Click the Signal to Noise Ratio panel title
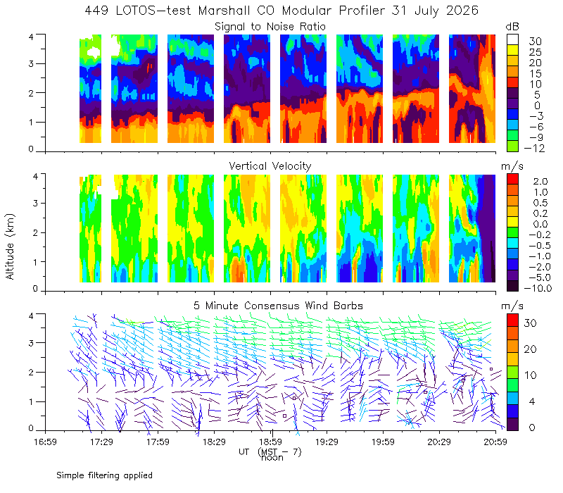(270, 27)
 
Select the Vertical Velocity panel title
(270, 166)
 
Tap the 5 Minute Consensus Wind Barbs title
(278, 306)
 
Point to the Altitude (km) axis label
(10, 246)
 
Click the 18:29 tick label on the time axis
(214, 442)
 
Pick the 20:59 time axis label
(495, 442)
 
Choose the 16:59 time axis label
(45, 442)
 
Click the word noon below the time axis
(272, 458)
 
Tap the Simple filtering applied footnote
(104, 475)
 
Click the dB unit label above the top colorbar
(512, 27)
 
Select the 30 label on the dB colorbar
(535, 42)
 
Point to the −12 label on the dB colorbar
(534, 148)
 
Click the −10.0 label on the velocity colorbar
(538, 288)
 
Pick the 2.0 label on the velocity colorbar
(540, 182)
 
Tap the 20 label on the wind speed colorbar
(530, 349)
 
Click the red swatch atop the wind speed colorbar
(512, 320)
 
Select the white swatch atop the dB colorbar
(512, 39)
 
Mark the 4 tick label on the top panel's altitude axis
(31, 37)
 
